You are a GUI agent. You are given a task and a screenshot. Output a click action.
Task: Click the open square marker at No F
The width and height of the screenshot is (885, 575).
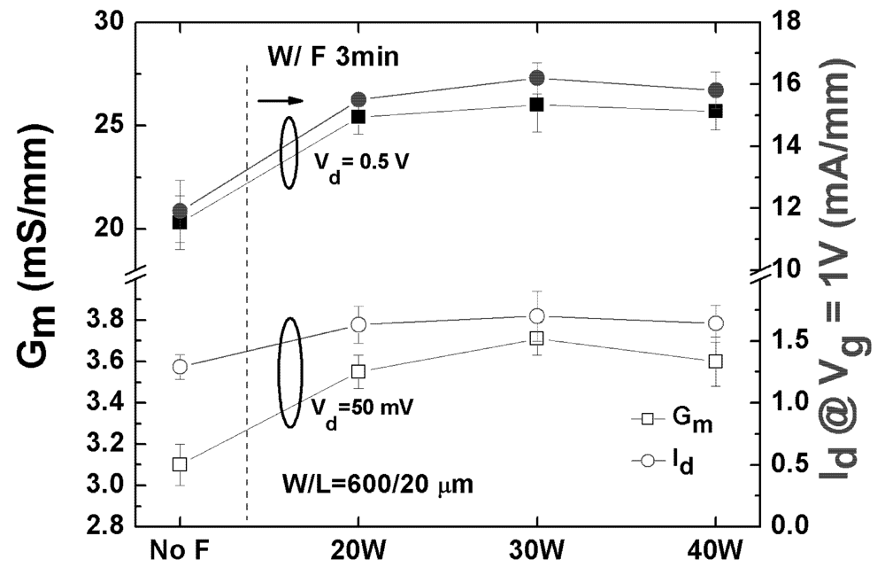pyautogui.click(x=180, y=463)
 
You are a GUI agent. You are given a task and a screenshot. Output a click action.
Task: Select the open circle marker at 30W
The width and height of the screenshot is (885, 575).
pyautogui.click(x=536, y=316)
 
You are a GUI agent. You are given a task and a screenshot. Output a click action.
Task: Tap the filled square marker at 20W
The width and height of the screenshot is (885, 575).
pyautogui.click(x=358, y=116)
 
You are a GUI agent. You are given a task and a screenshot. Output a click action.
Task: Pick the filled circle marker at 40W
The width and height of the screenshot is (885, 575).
pyautogui.click(x=715, y=90)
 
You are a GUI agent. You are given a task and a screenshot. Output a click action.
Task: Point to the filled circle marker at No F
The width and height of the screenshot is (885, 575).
pyautogui.click(x=180, y=211)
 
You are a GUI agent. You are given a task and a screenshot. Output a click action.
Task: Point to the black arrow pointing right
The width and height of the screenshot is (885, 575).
pyautogui.click(x=281, y=100)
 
